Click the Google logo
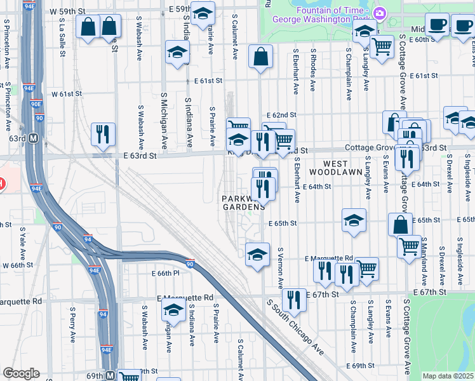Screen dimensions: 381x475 (x=21, y=373)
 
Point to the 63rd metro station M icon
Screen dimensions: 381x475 (x=33, y=138)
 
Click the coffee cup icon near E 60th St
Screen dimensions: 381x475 (x=436, y=26)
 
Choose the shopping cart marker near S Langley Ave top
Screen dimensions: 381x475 (x=382, y=46)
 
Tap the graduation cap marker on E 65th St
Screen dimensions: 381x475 (x=354, y=221)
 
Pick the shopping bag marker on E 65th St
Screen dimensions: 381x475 (x=401, y=225)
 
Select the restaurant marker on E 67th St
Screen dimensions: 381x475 (x=293, y=299)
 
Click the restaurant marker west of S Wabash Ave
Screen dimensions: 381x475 (x=103, y=135)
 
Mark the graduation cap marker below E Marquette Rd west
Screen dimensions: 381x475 (x=172, y=311)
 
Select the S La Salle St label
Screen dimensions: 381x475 (x=62, y=37)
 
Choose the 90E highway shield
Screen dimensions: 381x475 (x=36, y=104)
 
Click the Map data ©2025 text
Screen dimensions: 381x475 (x=446, y=376)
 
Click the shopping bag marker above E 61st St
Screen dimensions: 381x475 (x=260, y=57)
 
